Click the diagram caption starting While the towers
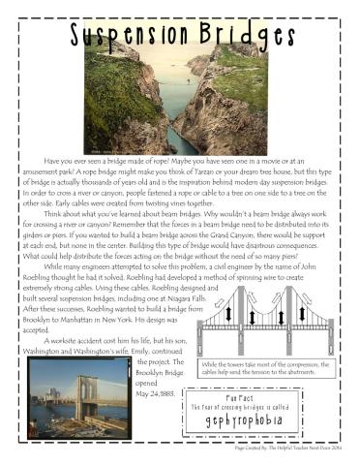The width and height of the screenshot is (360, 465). point(272,370)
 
